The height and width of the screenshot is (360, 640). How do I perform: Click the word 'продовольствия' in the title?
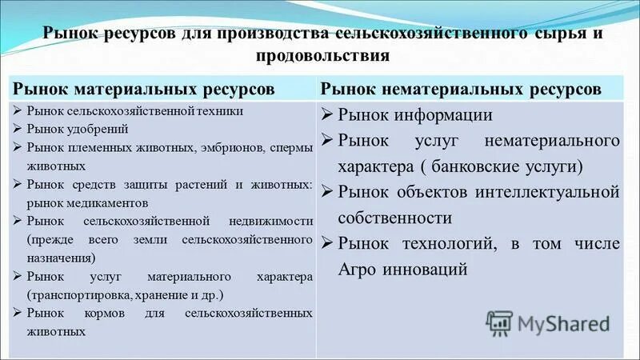[323, 56]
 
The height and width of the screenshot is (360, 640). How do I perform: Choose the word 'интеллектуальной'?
[556, 192]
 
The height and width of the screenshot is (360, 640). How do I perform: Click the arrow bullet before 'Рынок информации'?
[326, 114]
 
